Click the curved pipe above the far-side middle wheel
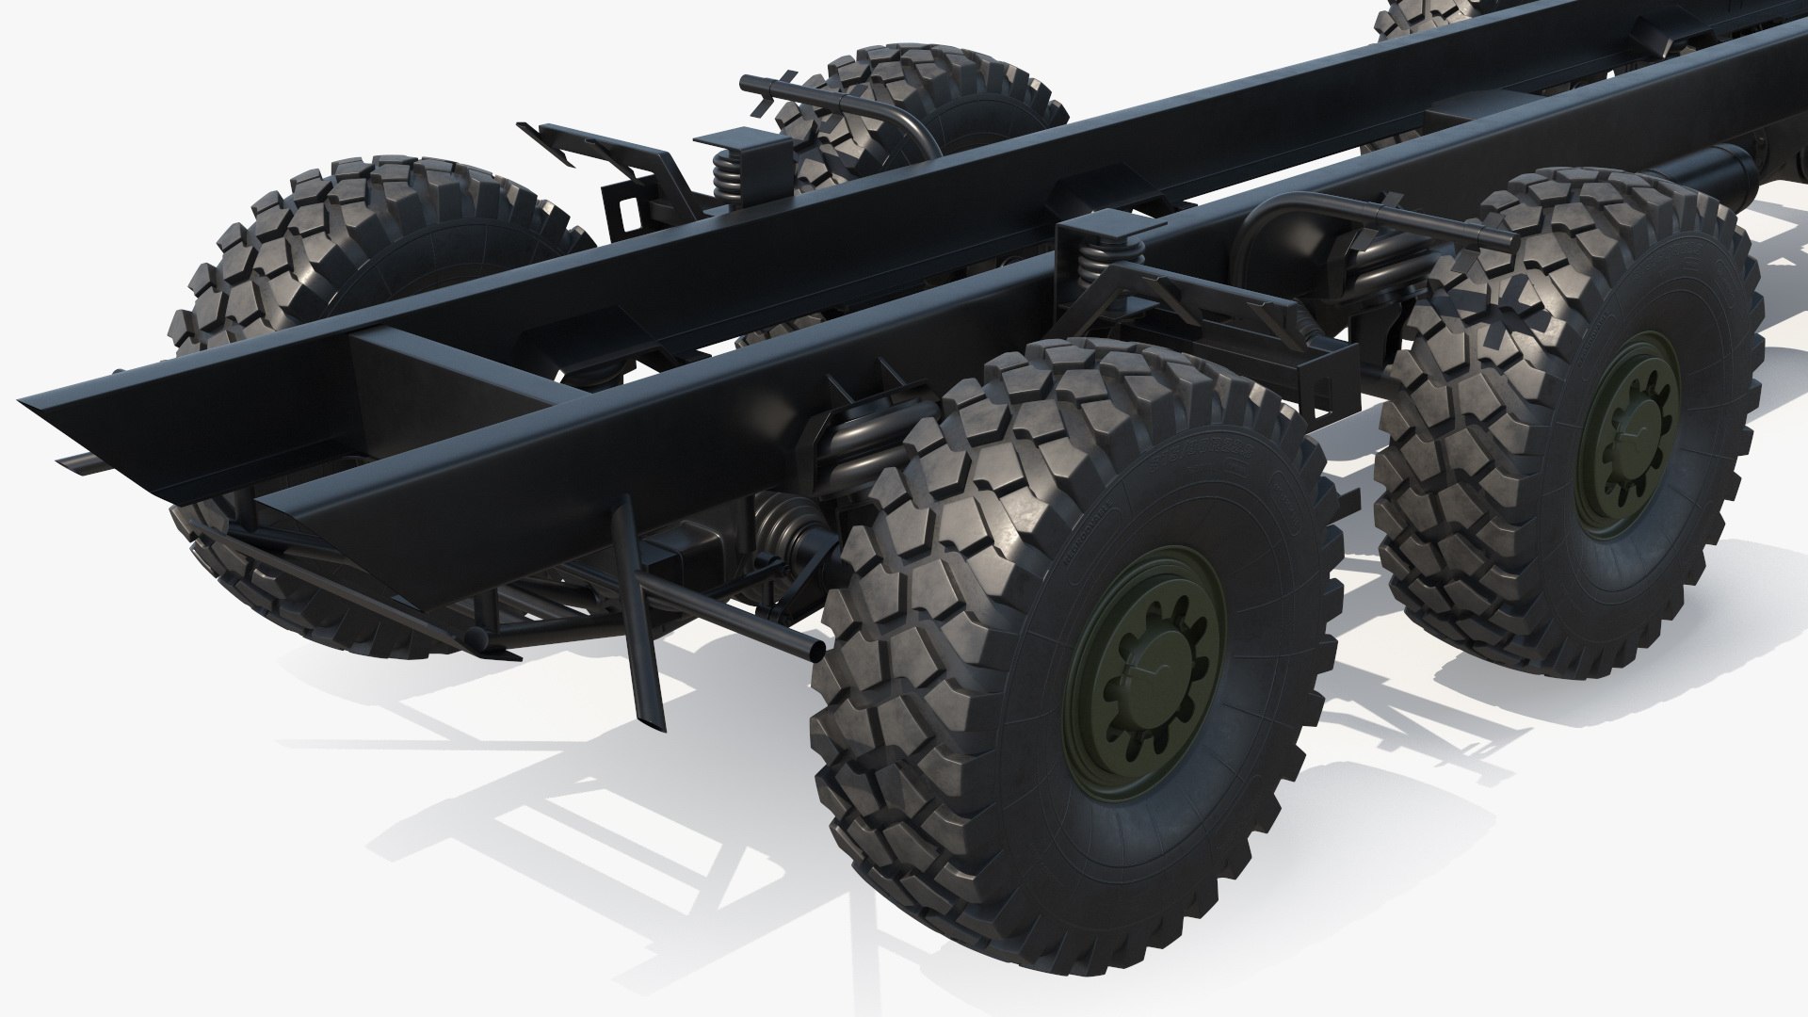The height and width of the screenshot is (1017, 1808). click(x=847, y=105)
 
